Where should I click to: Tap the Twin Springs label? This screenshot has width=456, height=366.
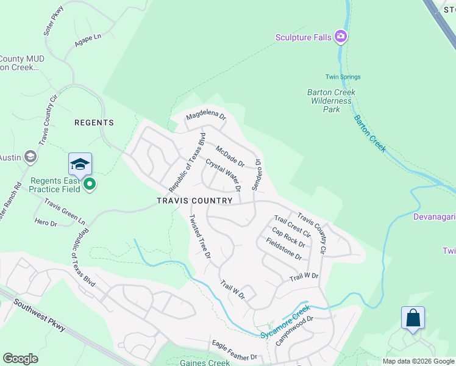tap(343, 77)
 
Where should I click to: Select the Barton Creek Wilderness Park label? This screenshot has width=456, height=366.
tap(331, 101)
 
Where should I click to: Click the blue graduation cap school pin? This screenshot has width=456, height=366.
tap(80, 164)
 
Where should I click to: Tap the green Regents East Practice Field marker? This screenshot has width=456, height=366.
tap(90, 184)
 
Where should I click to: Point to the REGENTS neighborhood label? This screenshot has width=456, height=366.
tap(94, 123)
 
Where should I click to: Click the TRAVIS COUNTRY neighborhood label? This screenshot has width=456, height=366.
tap(194, 201)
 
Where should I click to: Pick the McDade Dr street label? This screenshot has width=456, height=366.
tap(230, 156)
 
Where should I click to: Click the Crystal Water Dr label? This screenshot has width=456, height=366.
tap(223, 174)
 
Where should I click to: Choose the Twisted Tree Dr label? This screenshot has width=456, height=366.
tap(199, 235)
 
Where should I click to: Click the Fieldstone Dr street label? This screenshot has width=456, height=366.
tap(284, 249)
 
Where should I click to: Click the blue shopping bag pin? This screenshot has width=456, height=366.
tap(413, 318)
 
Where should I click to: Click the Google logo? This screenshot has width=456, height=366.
tap(20, 359)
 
